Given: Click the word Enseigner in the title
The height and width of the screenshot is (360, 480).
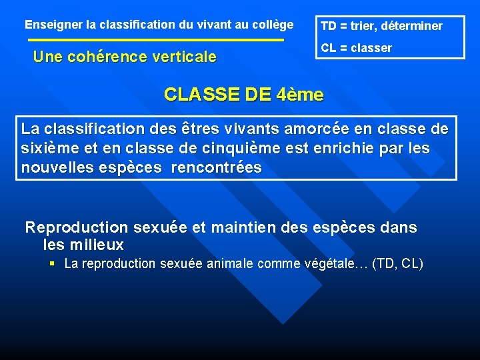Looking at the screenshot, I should pyautogui.click(x=54, y=25).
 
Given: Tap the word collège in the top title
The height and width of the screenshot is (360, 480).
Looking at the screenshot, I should pyautogui.click(x=273, y=25).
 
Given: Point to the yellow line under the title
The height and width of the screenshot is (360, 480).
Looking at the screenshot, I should pyautogui.click(x=157, y=41).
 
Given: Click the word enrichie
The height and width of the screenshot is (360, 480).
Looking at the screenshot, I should pyautogui.click(x=341, y=148).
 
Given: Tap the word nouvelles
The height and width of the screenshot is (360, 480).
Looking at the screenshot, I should pyautogui.click(x=55, y=167).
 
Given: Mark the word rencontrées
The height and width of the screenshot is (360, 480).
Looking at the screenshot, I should pyautogui.click(x=217, y=167).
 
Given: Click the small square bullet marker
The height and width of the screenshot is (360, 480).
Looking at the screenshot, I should pyautogui.click(x=53, y=264).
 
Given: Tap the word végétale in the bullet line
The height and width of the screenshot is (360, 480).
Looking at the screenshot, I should pyautogui.click(x=335, y=264).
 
